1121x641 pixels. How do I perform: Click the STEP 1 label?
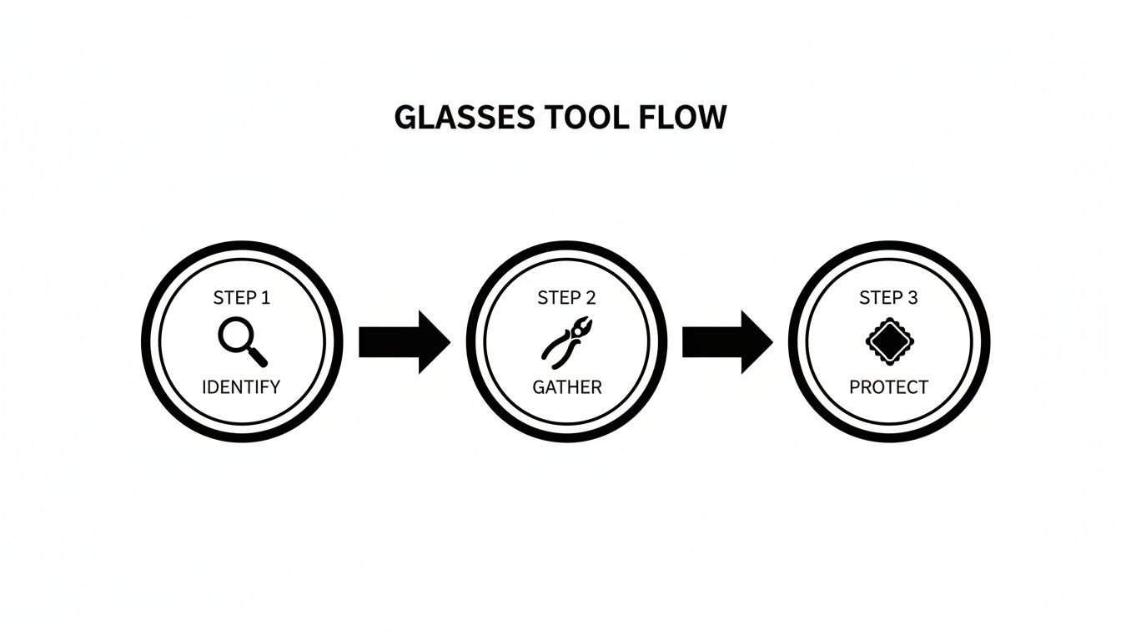pyautogui.click(x=242, y=298)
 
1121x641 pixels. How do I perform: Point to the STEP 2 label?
pyautogui.click(x=566, y=298)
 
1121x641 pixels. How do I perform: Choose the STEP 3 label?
pyautogui.click(x=888, y=298)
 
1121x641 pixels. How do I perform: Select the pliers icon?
pyautogui.click(x=566, y=341)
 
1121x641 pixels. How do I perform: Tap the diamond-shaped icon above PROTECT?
pyautogui.click(x=889, y=341)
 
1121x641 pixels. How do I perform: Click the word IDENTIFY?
pyautogui.click(x=242, y=387)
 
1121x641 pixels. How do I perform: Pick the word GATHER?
pyautogui.click(x=566, y=387)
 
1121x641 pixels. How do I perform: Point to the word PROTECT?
pyautogui.click(x=888, y=387)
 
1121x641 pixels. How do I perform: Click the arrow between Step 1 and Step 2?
pyautogui.click(x=404, y=342)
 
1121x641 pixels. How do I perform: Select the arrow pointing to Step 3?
pyautogui.click(x=727, y=342)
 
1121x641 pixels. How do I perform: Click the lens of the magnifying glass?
pyautogui.click(x=234, y=334)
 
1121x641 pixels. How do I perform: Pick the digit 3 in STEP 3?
pyautogui.click(x=912, y=298)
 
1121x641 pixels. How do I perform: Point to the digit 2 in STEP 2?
pyautogui.click(x=591, y=298)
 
